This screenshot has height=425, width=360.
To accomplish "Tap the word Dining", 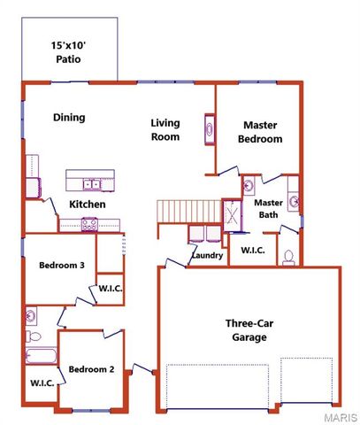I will [x=68, y=117].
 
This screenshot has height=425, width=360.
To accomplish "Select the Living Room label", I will [x=165, y=130].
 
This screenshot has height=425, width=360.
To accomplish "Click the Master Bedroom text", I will [x=262, y=132].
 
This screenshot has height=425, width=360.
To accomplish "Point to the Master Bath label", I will [x=268, y=208].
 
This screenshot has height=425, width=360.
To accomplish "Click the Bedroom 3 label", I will [x=62, y=265].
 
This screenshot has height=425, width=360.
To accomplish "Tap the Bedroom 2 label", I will [x=91, y=369].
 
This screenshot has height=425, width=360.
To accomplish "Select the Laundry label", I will [x=206, y=257].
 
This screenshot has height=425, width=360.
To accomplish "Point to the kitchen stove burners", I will [x=89, y=225].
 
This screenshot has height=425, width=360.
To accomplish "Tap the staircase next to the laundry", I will [x=187, y=212].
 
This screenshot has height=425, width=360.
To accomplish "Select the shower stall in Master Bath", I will [x=232, y=215].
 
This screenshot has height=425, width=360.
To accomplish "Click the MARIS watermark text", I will [x=340, y=416].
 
